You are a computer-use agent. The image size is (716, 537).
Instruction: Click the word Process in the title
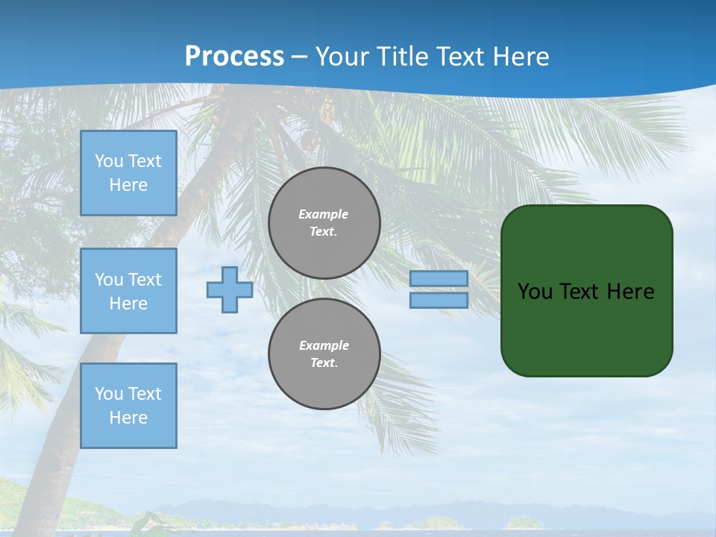pos(234,57)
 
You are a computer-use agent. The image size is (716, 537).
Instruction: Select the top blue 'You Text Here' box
pos(128,173)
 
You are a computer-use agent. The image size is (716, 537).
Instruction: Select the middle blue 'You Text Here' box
pos(128,291)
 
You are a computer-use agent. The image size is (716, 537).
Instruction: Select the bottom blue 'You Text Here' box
pos(128,406)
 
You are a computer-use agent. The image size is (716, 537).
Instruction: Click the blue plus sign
pos(230,290)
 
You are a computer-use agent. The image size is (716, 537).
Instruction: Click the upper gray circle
pos(324,223)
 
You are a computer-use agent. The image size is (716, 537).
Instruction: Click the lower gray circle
pos(324,354)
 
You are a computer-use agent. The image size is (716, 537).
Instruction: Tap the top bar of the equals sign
pos(439,279)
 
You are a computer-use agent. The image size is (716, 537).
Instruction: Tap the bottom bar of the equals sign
pos(439,301)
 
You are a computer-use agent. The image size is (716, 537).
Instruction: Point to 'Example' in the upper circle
pos(323,214)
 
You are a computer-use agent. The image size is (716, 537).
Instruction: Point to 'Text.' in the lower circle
pos(324,363)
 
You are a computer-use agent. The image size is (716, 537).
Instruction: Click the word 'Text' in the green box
pos(580,292)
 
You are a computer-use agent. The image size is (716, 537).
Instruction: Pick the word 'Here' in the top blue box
pos(128,185)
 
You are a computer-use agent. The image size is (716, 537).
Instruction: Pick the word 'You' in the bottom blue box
pos(109,394)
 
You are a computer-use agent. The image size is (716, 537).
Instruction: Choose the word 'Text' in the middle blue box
pos(145,280)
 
